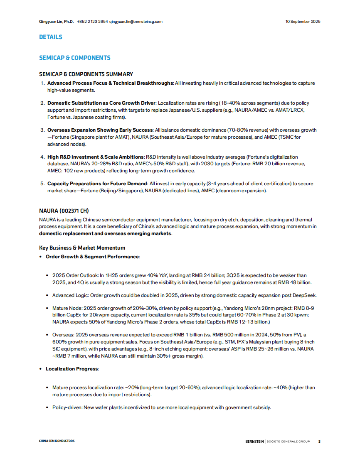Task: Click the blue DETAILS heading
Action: pos(51,37)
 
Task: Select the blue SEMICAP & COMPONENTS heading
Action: pos(75,58)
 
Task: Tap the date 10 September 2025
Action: pos(303,21)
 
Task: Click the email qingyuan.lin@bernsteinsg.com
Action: pos(136,21)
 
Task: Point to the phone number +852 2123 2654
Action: pos(92,21)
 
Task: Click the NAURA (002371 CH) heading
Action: pos(64,211)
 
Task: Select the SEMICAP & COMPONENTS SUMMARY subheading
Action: pos(86,74)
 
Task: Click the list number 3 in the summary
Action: pos(42,130)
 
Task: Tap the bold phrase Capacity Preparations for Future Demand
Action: pos(97,184)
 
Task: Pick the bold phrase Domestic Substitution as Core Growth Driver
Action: pos(101,103)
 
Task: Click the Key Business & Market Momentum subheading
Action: pos(82,248)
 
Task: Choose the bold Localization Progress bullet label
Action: pos(72,369)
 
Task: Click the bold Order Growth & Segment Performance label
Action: pos(92,257)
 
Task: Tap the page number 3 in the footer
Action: pos(319,441)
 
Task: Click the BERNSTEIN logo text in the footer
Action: pos(254,441)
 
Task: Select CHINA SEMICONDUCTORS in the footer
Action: pos(57,441)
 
